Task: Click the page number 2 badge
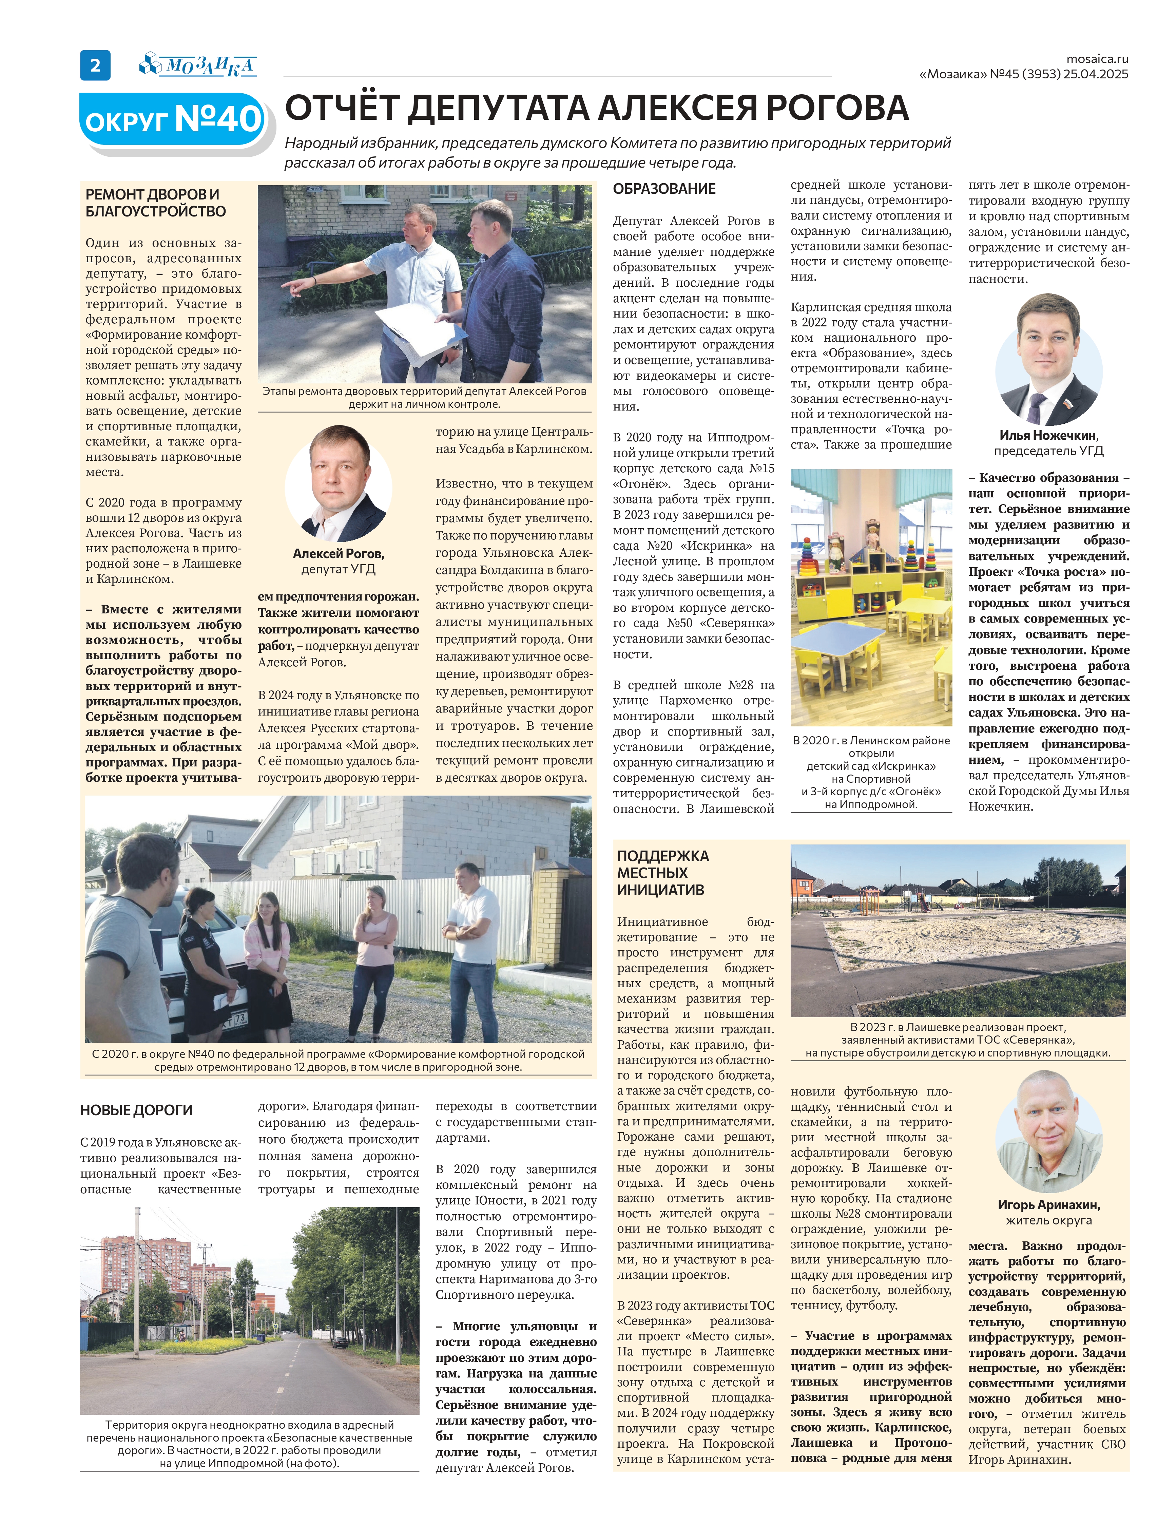coord(95,65)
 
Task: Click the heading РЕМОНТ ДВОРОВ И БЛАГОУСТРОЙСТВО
coord(156,203)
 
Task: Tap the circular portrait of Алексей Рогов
coord(339,484)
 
